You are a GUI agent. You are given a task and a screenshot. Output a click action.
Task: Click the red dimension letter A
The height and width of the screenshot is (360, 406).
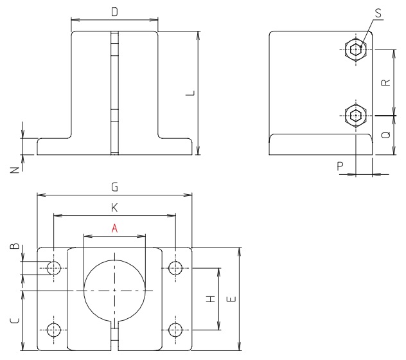(114, 228)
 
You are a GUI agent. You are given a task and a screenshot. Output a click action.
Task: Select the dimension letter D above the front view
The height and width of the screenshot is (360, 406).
(114, 12)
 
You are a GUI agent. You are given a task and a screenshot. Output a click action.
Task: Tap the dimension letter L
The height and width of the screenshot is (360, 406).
(189, 94)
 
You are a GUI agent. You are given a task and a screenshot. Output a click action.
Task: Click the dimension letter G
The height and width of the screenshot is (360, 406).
(114, 187)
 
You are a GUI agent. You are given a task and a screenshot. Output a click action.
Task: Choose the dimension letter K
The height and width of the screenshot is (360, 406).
(114, 208)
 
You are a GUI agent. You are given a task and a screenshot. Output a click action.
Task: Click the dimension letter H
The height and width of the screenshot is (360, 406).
(211, 300)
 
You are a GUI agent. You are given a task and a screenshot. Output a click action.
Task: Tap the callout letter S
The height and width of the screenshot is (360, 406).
(378, 12)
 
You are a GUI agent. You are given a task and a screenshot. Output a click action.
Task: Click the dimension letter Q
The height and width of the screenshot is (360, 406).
(384, 136)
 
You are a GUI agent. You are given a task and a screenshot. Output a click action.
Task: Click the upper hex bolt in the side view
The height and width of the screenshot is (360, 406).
(355, 49)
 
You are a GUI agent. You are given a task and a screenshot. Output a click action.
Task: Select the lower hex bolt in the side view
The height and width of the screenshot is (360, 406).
(355, 116)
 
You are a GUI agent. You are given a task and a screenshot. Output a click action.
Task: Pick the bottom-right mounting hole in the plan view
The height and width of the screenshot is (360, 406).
(175, 330)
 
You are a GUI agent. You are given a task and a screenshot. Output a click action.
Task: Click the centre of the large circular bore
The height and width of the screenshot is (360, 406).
(114, 291)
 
